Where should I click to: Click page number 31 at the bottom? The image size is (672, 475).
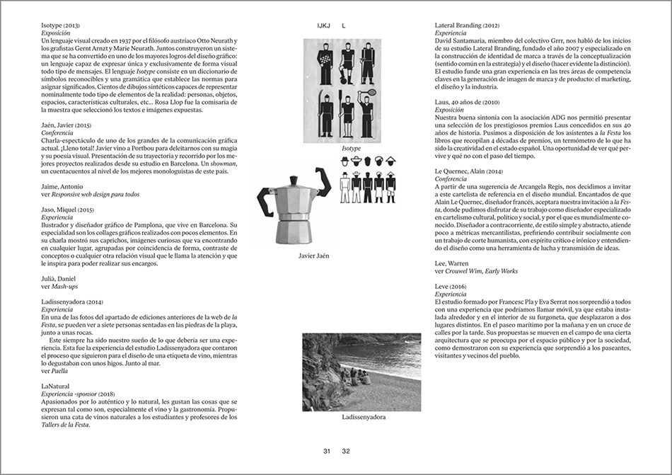326,451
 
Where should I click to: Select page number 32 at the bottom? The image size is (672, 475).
346,451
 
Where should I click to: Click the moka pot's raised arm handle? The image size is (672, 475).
324,181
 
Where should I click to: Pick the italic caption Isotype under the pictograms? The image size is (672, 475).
351,149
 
